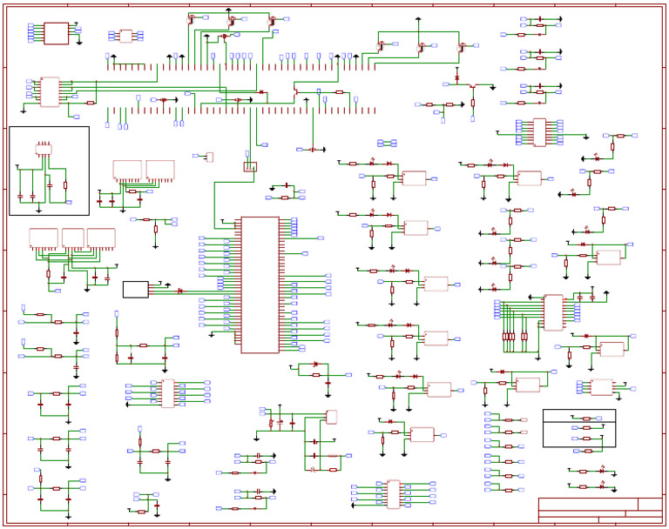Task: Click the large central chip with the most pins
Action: pos(260,285)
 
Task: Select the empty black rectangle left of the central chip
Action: pos(135,290)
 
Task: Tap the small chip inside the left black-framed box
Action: pos(44,149)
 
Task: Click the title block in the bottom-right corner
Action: pos(600,510)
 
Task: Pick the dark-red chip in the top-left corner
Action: pos(56,33)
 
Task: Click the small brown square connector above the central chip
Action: pos(250,166)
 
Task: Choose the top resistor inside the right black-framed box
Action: pos(586,419)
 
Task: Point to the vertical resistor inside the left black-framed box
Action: pos(65,185)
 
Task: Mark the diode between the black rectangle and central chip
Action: pos(180,291)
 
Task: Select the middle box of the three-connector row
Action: pos(73,238)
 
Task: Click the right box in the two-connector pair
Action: pos(159,170)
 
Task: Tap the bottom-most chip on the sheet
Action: pos(394,493)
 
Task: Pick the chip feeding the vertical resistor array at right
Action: pos(553,312)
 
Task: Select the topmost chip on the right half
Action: pos(539,132)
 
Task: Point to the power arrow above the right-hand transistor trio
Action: pos(418,18)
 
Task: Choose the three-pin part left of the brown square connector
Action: pos(209,157)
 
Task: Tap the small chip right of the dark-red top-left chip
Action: pos(125,36)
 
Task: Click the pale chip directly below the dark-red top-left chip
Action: pos(50,91)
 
